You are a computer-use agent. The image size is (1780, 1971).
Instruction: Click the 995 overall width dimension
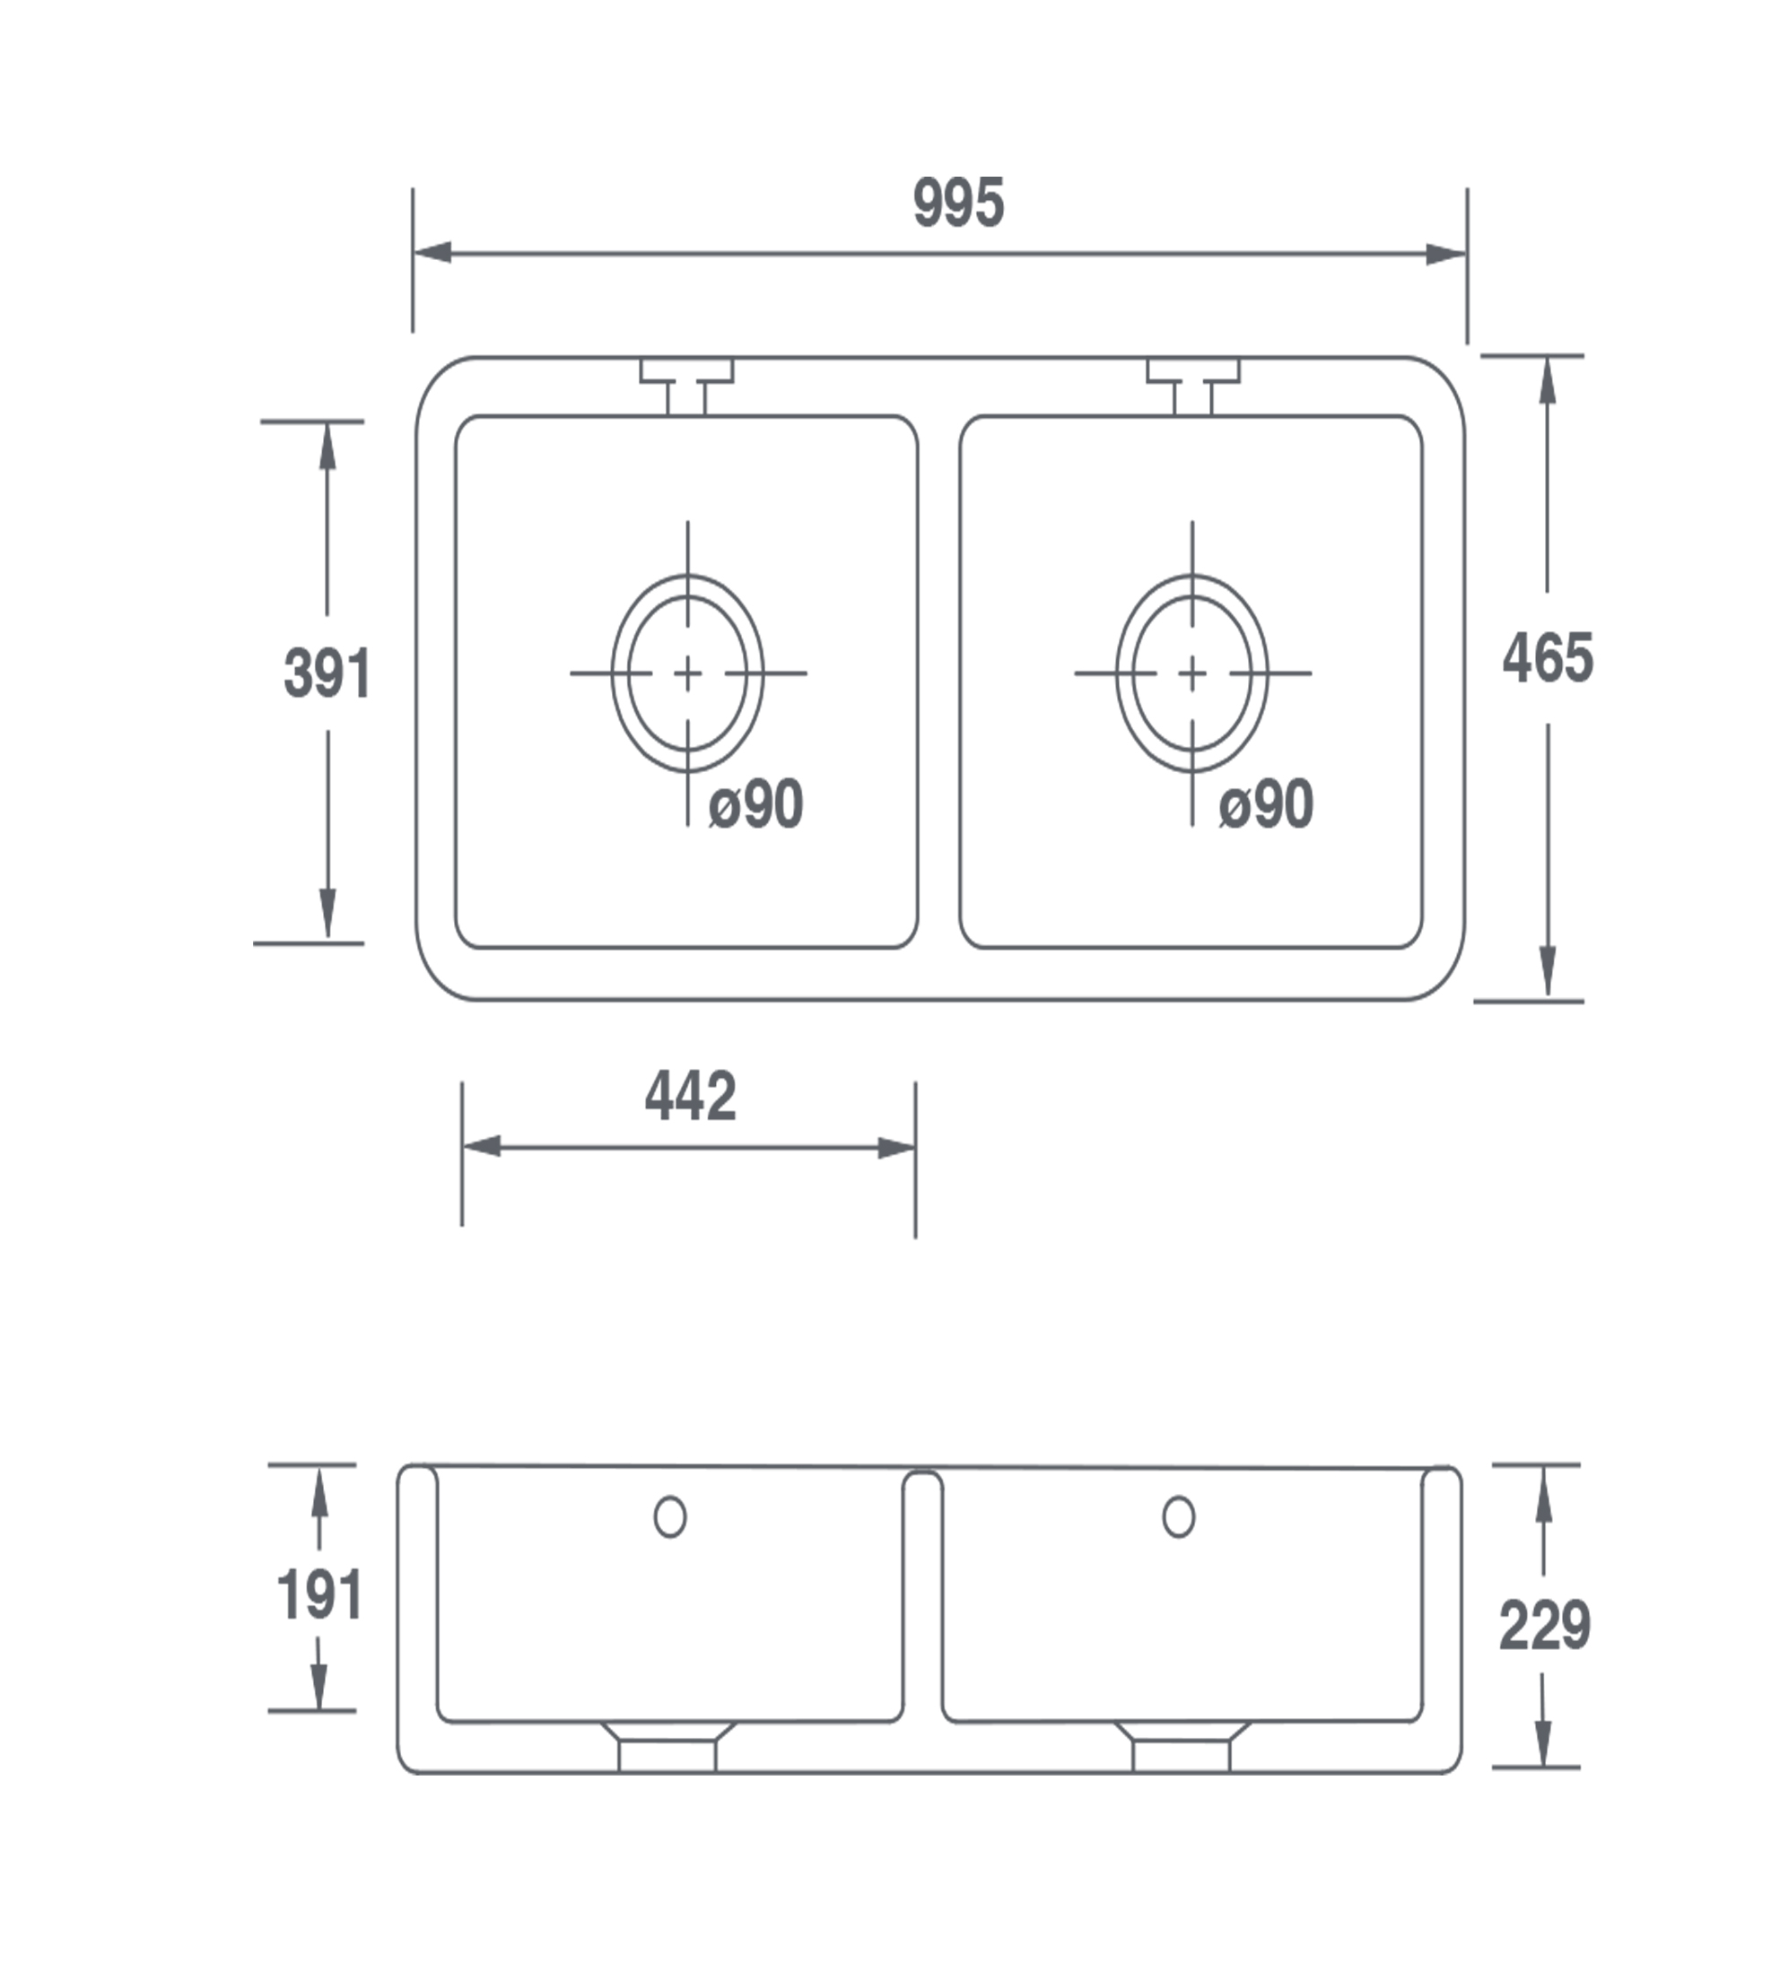click(x=958, y=204)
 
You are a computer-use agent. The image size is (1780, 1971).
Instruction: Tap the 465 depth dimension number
click(x=1549, y=658)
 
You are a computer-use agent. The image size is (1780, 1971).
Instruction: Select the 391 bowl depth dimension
click(x=327, y=673)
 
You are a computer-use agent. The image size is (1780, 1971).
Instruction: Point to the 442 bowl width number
click(x=691, y=1096)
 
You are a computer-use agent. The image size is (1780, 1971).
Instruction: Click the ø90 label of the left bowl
click(x=756, y=804)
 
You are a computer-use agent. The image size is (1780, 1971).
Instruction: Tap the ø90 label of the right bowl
click(x=1266, y=804)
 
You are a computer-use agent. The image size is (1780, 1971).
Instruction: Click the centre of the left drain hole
click(x=687, y=673)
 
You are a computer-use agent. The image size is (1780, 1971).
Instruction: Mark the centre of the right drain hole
click(x=1192, y=673)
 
